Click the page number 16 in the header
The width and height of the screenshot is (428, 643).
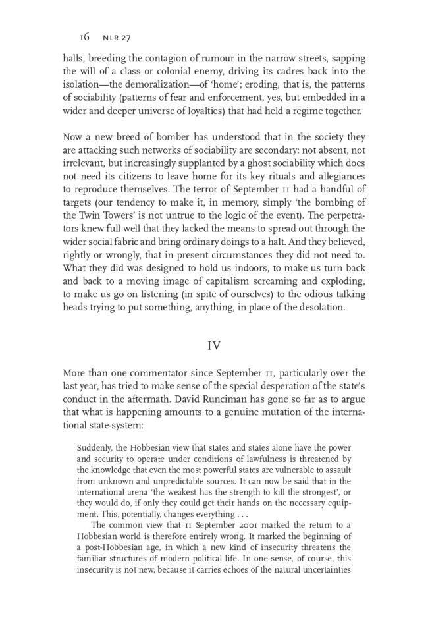pos(84,37)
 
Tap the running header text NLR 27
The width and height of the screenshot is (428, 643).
pos(117,38)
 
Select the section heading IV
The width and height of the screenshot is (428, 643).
pos(213,345)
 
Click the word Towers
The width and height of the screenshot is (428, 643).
pos(128,215)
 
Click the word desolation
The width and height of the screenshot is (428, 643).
pos(317,307)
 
